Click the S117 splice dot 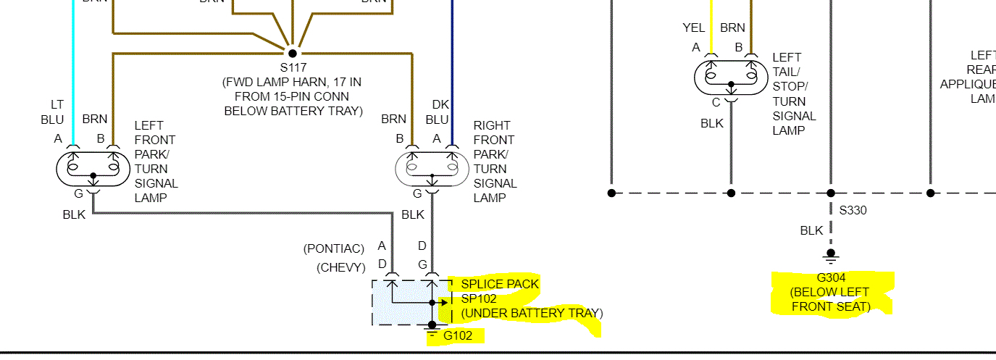(x=293, y=53)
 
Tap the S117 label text (x=293, y=67)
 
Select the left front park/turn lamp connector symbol (x=93, y=168)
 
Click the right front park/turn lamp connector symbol (x=432, y=168)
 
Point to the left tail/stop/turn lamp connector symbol (x=731, y=77)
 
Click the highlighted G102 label (x=458, y=335)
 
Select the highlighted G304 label (x=831, y=277)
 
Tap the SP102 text (x=479, y=298)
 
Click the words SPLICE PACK (x=500, y=284)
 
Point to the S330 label (x=853, y=211)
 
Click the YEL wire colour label (x=693, y=28)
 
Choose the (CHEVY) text (x=341, y=267)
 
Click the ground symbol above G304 (x=831, y=256)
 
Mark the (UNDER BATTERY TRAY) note (x=532, y=313)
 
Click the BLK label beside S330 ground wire (x=811, y=230)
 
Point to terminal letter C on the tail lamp (x=716, y=103)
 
